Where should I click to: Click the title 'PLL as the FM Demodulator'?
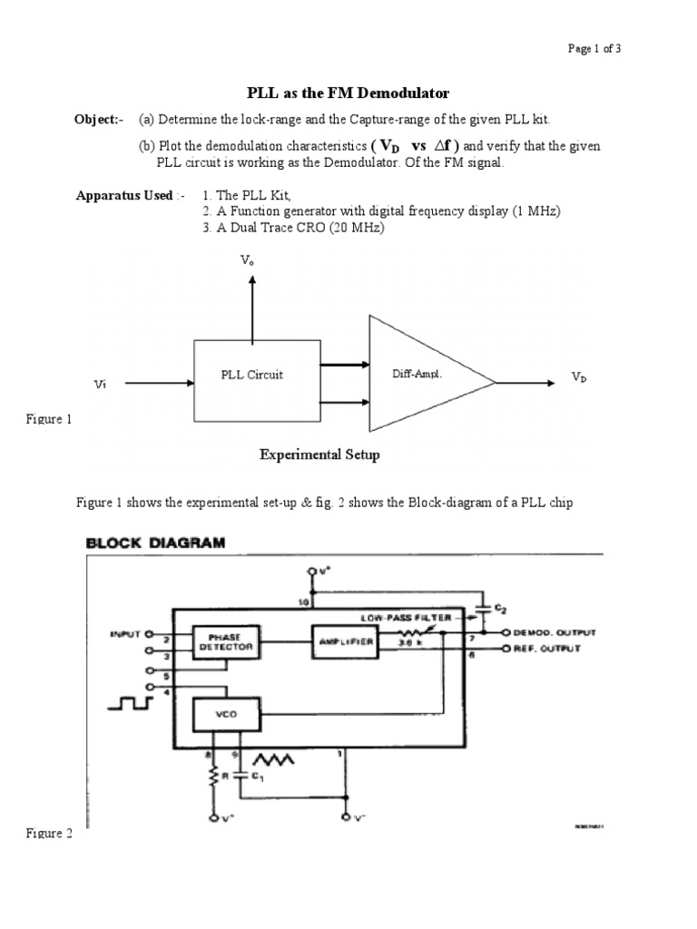tap(348, 93)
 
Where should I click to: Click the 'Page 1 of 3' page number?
tap(594, 49)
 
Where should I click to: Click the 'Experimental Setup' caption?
tap(319, 455)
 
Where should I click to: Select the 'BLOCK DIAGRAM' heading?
tap(155, 543)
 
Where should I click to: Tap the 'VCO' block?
tap(224, 714)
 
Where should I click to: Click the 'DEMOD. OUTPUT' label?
tap(555, 632)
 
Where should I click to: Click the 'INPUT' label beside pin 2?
tap(125, 634)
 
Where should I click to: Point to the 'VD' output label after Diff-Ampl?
tap(579, 376)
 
